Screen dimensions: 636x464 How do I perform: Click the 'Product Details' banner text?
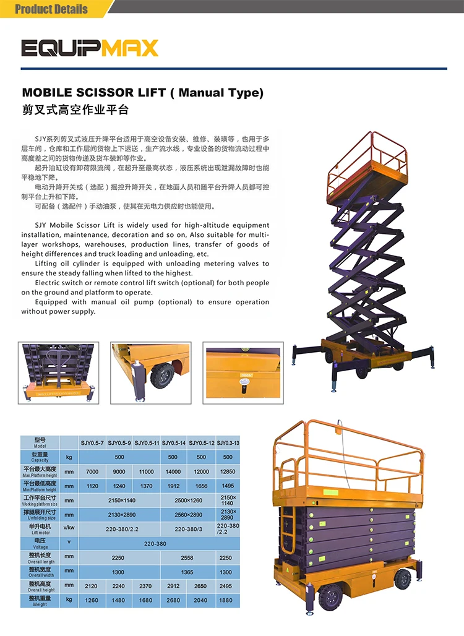[x=51, y=9]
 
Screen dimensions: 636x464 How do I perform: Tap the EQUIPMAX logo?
[x=90, y=48]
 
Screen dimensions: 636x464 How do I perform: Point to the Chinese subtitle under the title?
[x=75, y=110]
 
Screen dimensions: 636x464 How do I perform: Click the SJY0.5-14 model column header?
[x=173, y=443]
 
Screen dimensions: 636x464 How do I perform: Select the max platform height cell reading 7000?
[x=92, y=471]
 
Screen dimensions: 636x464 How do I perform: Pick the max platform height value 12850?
[x=228, y=471]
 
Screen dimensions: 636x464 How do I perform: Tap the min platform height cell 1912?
[x=173, y=486]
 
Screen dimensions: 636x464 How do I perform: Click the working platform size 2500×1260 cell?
[x=188, y=501]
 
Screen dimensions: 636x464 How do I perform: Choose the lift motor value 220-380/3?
[x=188, y=528]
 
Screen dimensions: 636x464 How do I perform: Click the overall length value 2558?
[x=187, y=557]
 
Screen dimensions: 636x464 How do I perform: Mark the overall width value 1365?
[x=187, y=572]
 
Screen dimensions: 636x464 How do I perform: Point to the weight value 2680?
[x=173, y=600]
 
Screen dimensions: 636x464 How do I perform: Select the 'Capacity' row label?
[x=40, y=457]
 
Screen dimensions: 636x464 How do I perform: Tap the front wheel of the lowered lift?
[x=330, y=597]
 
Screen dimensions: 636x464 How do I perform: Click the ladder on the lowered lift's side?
[x=288, y=532]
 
